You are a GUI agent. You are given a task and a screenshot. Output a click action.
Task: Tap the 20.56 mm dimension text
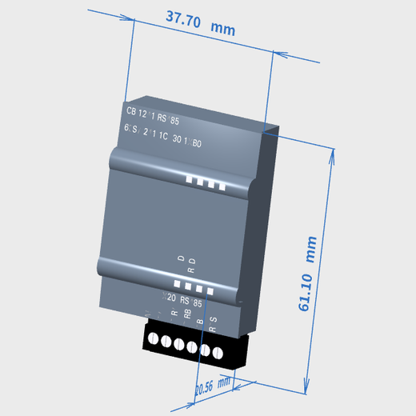[x=212, y=386]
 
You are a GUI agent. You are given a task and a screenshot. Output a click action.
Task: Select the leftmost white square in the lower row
[x=178, y=281]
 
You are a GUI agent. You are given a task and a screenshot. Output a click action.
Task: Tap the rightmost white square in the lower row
[x=210, y=290]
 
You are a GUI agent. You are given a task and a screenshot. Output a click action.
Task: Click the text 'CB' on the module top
[x=131, y=111]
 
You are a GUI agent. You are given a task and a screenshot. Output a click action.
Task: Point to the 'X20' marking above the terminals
[x=169, y=298]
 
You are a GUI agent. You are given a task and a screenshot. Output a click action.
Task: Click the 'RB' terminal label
[x=187, y=314]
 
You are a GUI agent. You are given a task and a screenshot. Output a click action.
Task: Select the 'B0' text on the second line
[x=196, y=144]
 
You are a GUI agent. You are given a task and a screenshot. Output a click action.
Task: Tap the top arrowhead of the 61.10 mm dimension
[x=331, y=152]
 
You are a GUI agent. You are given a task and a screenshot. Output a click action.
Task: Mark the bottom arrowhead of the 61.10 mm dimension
[x=308, y=390]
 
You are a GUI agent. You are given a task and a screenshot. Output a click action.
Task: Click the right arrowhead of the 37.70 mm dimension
[x=273, y=54]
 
